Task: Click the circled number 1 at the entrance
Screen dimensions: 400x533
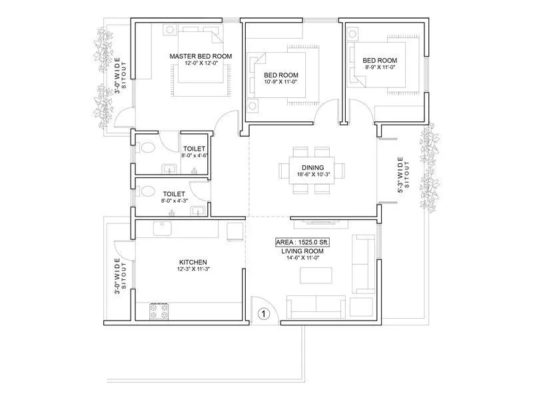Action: tap(263, 312)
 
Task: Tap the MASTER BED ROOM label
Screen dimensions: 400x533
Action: tap(201, 57)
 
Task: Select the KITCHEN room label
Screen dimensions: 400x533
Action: tap(193, 263)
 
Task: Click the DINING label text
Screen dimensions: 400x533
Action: tap(312, 168)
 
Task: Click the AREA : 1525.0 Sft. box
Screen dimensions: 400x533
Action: tap(303, 242)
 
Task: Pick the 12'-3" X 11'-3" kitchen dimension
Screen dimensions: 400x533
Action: tap(193, 270)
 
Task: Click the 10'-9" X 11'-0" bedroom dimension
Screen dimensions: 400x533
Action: tap(280, 82)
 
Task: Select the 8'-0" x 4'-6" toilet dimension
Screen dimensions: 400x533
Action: tap(195, 155)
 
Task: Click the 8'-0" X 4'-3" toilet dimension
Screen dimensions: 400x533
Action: tap(174, 201)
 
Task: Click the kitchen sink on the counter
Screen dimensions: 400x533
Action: tap(162, 229)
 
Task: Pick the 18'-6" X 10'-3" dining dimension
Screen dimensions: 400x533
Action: tap(312, 175)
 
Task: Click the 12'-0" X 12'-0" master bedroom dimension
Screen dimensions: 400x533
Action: tap(201, 64)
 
